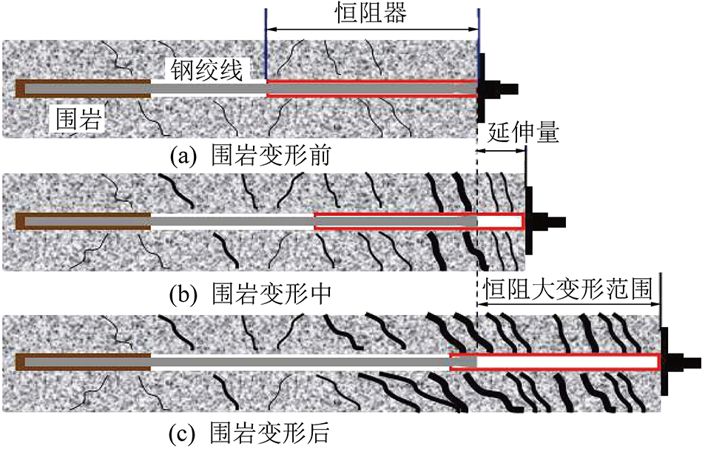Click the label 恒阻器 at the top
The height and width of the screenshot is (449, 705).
pyautogui.click(x=372, y=13)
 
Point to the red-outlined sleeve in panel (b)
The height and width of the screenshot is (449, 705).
pyautogui.click(x=419, y=221)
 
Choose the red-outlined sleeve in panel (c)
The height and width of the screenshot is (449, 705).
pyautogui.click(x=555, y=362)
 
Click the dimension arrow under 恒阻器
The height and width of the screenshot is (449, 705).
pyautogui.click(x=372, y=30)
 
